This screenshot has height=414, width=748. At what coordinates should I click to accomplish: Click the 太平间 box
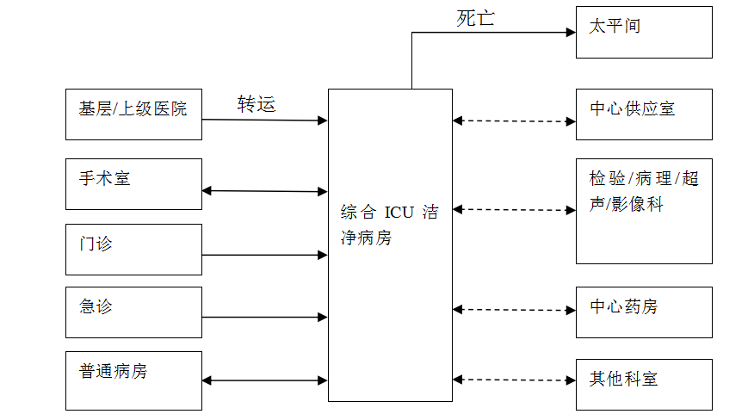click(644, 32)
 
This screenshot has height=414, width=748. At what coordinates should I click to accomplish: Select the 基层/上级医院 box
click(133, 114)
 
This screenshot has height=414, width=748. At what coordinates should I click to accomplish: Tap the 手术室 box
click(133, 184)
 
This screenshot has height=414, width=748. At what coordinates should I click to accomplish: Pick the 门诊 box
click(133, 250)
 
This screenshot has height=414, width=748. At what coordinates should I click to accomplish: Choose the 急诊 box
click(133, 312)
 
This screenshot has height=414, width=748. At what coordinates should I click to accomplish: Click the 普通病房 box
click(133, 380)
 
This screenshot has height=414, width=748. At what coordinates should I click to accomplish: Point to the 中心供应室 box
click(644, 114)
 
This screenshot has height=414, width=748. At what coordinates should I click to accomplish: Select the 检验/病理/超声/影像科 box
click(644, 211)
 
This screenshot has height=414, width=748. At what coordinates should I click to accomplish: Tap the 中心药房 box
click(644, 312)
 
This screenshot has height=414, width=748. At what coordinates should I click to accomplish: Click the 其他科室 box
click(644, 384)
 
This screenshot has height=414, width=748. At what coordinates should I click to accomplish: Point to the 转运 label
click(257, 104)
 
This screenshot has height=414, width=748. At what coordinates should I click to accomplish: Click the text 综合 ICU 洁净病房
click(389, 225)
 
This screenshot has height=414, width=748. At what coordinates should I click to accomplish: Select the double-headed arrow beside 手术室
click(265, 191)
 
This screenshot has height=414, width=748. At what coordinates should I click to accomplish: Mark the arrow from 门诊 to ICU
click(265, 255)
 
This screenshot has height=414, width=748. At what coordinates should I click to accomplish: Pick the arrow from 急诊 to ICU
click(265, 317)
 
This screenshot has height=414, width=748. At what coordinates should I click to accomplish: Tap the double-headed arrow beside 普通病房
click(265, 380)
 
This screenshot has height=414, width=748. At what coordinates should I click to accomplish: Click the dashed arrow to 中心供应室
click(514, 121)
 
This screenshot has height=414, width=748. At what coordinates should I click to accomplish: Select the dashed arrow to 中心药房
click(514, 310)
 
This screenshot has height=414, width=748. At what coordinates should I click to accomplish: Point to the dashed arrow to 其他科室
click(514, 379)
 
